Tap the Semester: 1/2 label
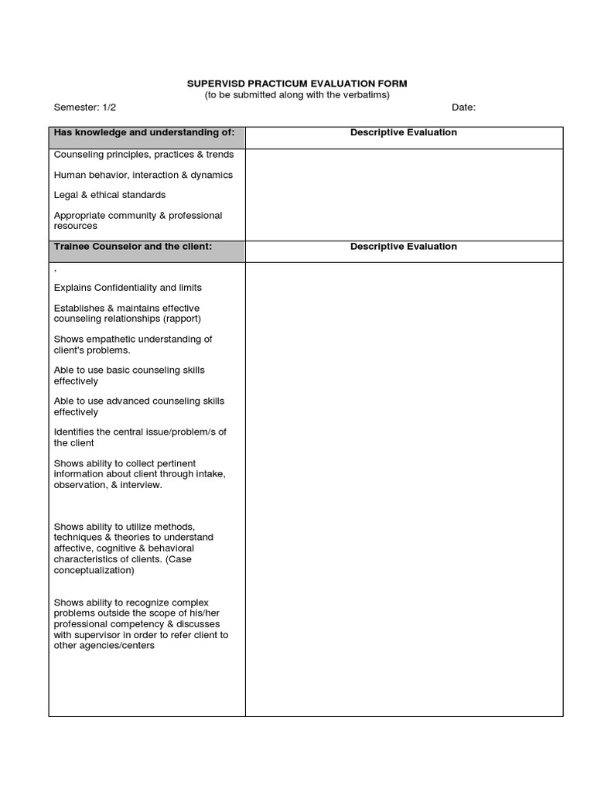[86, 108]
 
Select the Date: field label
[464, 108]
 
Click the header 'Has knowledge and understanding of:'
[145, 132]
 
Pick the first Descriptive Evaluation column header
[403, 132]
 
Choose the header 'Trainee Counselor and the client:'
[133, 247]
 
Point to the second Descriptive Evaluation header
[403, 247]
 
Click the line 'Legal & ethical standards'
[110, 195]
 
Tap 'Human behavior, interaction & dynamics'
[143, 175]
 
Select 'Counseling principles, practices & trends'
[144, 155]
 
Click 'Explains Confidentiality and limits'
[128, 288]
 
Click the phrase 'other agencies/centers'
[104, 647]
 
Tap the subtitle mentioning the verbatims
[297, 95]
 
